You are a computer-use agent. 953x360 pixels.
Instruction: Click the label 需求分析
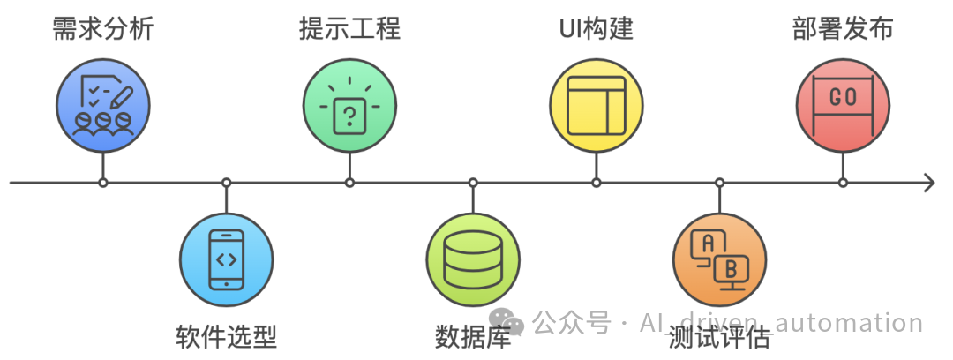point(102,28)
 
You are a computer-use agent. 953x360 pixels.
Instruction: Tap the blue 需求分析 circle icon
point(102,106)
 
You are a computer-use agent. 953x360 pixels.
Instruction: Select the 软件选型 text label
point(227,336)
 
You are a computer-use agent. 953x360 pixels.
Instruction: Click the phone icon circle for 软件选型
point(227,259)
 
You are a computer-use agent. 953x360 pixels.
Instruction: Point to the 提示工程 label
point(349,28)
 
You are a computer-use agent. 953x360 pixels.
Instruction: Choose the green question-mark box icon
point(349,106)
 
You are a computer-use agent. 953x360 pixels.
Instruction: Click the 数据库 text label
point(473,336)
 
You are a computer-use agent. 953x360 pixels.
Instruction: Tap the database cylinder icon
point(473,259)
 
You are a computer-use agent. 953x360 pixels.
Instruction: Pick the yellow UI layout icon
point(597,106)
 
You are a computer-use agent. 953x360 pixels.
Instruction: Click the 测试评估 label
point(719,336)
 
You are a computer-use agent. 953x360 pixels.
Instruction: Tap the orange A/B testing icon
point(719,259)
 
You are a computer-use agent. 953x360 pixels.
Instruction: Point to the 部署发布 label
point(842,28)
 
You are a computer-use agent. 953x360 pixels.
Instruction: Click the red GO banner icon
point(843,106)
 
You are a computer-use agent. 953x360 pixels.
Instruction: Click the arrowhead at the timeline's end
point(928,183)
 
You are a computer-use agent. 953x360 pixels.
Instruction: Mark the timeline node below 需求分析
point(103,183)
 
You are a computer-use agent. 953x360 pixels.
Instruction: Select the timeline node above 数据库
point(473,183)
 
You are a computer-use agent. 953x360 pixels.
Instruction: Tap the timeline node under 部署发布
point(843,183)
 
